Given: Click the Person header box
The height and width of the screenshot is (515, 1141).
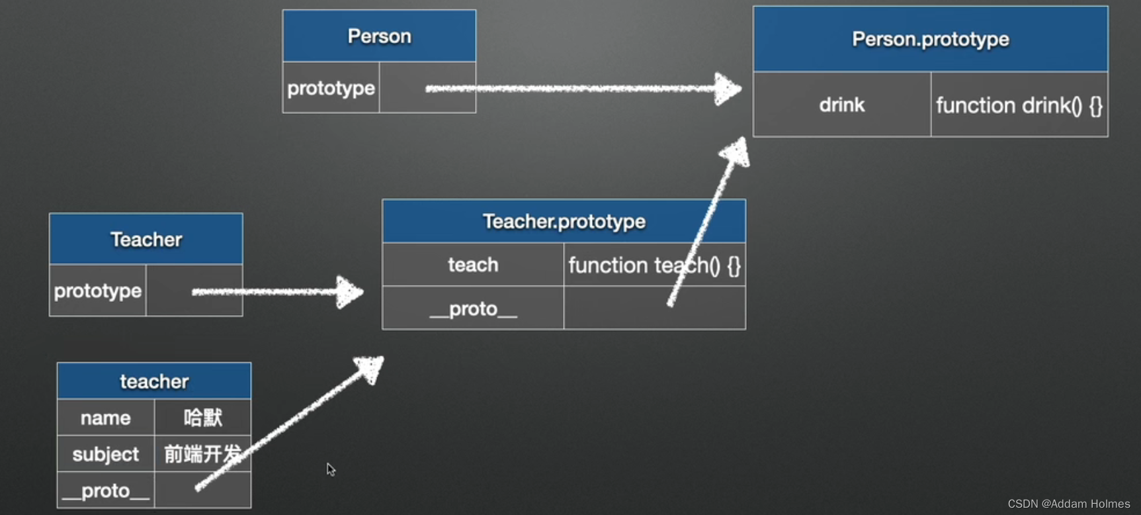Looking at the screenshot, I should coord(379,36).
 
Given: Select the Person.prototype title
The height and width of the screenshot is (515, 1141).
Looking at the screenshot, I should coord(930,39).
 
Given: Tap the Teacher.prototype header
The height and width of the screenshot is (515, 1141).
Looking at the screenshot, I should coord(564,221).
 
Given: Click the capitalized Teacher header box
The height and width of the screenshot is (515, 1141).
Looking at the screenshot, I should coord(146,239).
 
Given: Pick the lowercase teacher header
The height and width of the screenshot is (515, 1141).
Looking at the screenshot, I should coord(154,381).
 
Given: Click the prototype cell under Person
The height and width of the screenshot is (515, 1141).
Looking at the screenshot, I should coord(331,88).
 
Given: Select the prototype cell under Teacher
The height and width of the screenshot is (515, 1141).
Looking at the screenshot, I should coord(98,291).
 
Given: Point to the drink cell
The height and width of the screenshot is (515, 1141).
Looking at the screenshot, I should coord(841,105).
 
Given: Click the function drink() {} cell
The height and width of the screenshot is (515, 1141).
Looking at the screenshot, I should coord(1019,105).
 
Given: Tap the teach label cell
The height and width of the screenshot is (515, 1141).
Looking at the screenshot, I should coord(473,265).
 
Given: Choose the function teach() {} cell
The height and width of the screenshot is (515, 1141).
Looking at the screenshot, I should coord(654,265).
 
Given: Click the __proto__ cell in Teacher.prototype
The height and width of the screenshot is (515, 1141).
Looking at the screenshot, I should coord(473,308).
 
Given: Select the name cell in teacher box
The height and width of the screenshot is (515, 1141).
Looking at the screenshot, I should coord(106,418).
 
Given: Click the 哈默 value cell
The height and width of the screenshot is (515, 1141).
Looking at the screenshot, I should coord(202,418).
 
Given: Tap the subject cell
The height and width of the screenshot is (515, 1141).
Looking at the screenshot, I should coord(106,454).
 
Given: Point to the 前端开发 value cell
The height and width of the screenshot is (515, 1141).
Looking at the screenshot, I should coord(202,454).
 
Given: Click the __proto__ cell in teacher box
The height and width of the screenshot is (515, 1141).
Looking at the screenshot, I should coord(106,491).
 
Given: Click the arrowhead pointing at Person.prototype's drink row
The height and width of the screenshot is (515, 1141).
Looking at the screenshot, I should coord(728,89).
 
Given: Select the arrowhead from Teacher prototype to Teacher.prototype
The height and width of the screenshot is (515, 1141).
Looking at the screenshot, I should coord(349,291).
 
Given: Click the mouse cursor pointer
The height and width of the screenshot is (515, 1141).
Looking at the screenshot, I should coord(331,469).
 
